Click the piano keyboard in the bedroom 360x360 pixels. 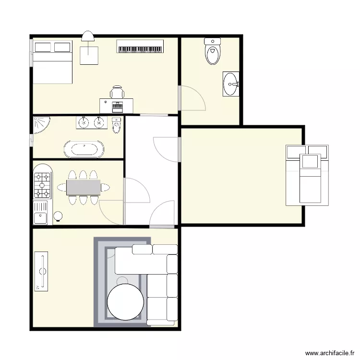click(x=140, y=47)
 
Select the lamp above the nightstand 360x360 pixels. click(x=88, y=36)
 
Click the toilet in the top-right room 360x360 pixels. click(x=213, y=51)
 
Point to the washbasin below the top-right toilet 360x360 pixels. click(x=231, y=84)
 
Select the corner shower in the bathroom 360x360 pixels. click(x=40, y=125)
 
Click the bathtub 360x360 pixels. click(x=84, y=149)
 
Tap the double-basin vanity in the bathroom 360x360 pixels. click(x=92, y=123)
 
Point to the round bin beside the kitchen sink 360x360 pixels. click(x=58, y=216)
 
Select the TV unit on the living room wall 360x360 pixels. click(x=42, y=271)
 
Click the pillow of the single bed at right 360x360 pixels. click(x=310, y=161)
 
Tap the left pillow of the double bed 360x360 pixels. click(x=43, y=47)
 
